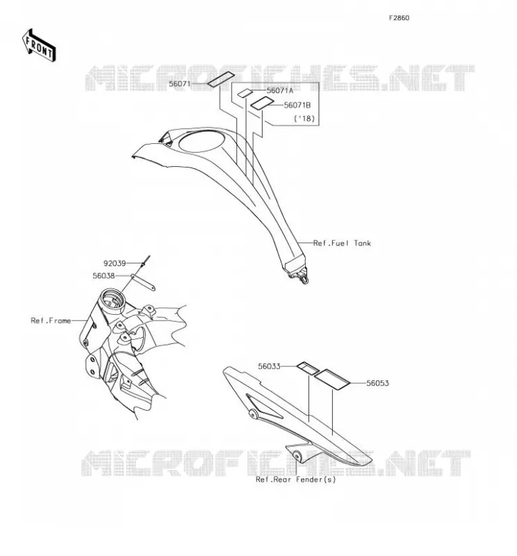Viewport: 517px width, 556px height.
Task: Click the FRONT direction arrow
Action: pos(39,46)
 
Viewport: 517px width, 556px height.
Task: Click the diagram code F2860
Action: pos(399,18)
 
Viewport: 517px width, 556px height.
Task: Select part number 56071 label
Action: pos(179,84)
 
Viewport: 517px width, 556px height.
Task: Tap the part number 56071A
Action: pos(280,90)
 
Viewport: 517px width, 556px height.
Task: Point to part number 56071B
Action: pos(297,106)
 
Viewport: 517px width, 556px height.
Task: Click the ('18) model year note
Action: pos(304,118)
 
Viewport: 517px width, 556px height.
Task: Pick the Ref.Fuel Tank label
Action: pos(342,243)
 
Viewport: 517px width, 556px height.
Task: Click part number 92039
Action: pos(115,263)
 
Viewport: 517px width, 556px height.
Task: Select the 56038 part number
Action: pos(104,276)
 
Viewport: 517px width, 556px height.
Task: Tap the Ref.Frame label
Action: pos(51,321)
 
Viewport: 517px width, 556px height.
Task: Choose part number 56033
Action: pos(269,366)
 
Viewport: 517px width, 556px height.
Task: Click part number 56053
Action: pos(377,384)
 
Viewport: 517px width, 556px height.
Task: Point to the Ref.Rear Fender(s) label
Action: pos(296,480)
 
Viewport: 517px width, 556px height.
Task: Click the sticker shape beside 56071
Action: pos(220,79)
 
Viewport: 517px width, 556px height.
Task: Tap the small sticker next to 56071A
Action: pos(245,93)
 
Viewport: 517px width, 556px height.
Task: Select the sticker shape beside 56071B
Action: pos(263,103)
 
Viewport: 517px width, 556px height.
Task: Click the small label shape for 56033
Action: pos(307,368)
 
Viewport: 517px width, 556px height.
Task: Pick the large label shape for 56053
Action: pos(332,379)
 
